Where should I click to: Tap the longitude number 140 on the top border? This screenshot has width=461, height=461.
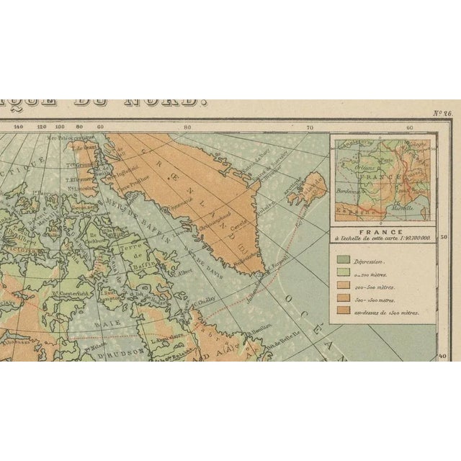(19, 127)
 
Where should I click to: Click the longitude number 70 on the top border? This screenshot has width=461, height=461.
(310, 127)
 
